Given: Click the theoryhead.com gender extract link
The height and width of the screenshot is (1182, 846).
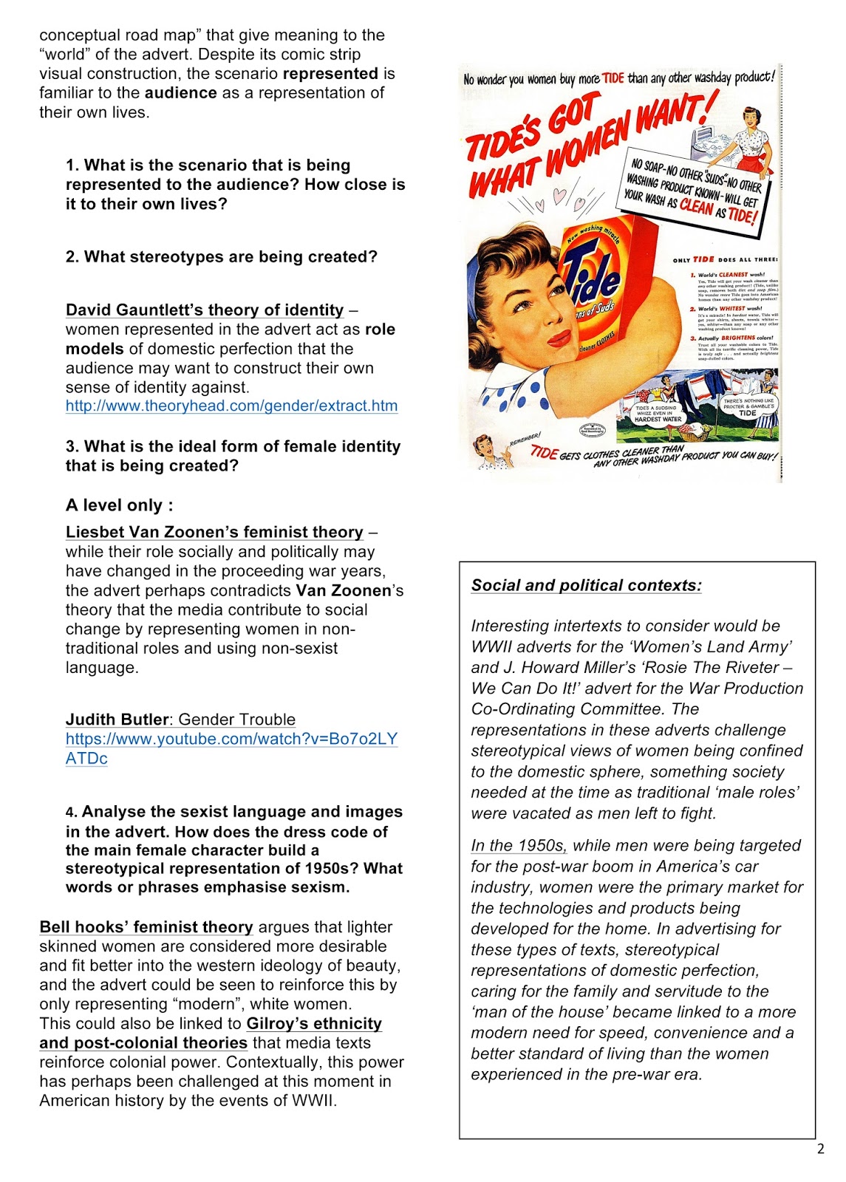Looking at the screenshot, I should click(231, 406).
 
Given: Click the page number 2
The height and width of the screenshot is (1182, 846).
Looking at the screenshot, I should click(820, 1149).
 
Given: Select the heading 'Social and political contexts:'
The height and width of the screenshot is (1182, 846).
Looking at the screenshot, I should click(586, 585).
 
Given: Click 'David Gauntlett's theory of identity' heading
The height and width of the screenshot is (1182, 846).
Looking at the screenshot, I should click(205, 310).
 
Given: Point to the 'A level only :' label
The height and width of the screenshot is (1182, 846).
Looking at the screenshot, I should click(120, 505).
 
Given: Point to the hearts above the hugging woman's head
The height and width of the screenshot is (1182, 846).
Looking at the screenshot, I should click(560, 197).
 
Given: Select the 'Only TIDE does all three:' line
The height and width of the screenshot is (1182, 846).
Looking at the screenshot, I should click(725, 259).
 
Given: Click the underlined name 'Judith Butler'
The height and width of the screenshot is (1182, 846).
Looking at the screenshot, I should click(117, 720).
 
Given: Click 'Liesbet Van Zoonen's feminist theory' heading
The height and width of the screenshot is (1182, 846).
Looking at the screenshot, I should click(214, 532).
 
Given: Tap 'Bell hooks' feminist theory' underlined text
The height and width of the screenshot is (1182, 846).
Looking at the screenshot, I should click(146, 926).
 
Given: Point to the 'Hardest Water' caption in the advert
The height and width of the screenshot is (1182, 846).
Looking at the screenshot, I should click(658, 419).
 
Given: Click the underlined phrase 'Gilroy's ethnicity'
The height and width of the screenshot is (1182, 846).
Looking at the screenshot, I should click(314, 1023).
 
